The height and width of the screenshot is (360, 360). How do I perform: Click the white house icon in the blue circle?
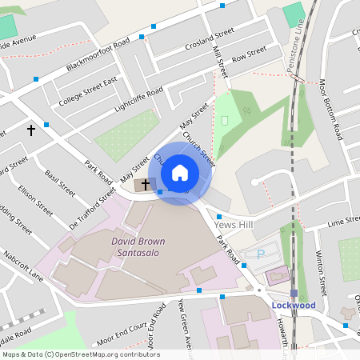point(180,172)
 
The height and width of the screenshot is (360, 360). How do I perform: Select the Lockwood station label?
point(294,306)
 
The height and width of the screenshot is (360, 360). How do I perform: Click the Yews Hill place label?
point(234,225)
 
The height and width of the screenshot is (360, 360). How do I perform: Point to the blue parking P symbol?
point(261,254)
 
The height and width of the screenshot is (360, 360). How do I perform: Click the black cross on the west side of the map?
point(32,129)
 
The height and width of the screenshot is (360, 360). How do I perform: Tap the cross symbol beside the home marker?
point(145,185)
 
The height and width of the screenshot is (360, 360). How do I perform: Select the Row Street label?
point(249,54)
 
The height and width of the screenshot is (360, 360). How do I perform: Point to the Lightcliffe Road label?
point(138,99)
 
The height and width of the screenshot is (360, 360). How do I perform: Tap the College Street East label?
point(88,92)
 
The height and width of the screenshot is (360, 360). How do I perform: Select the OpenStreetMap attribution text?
point(81,354)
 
